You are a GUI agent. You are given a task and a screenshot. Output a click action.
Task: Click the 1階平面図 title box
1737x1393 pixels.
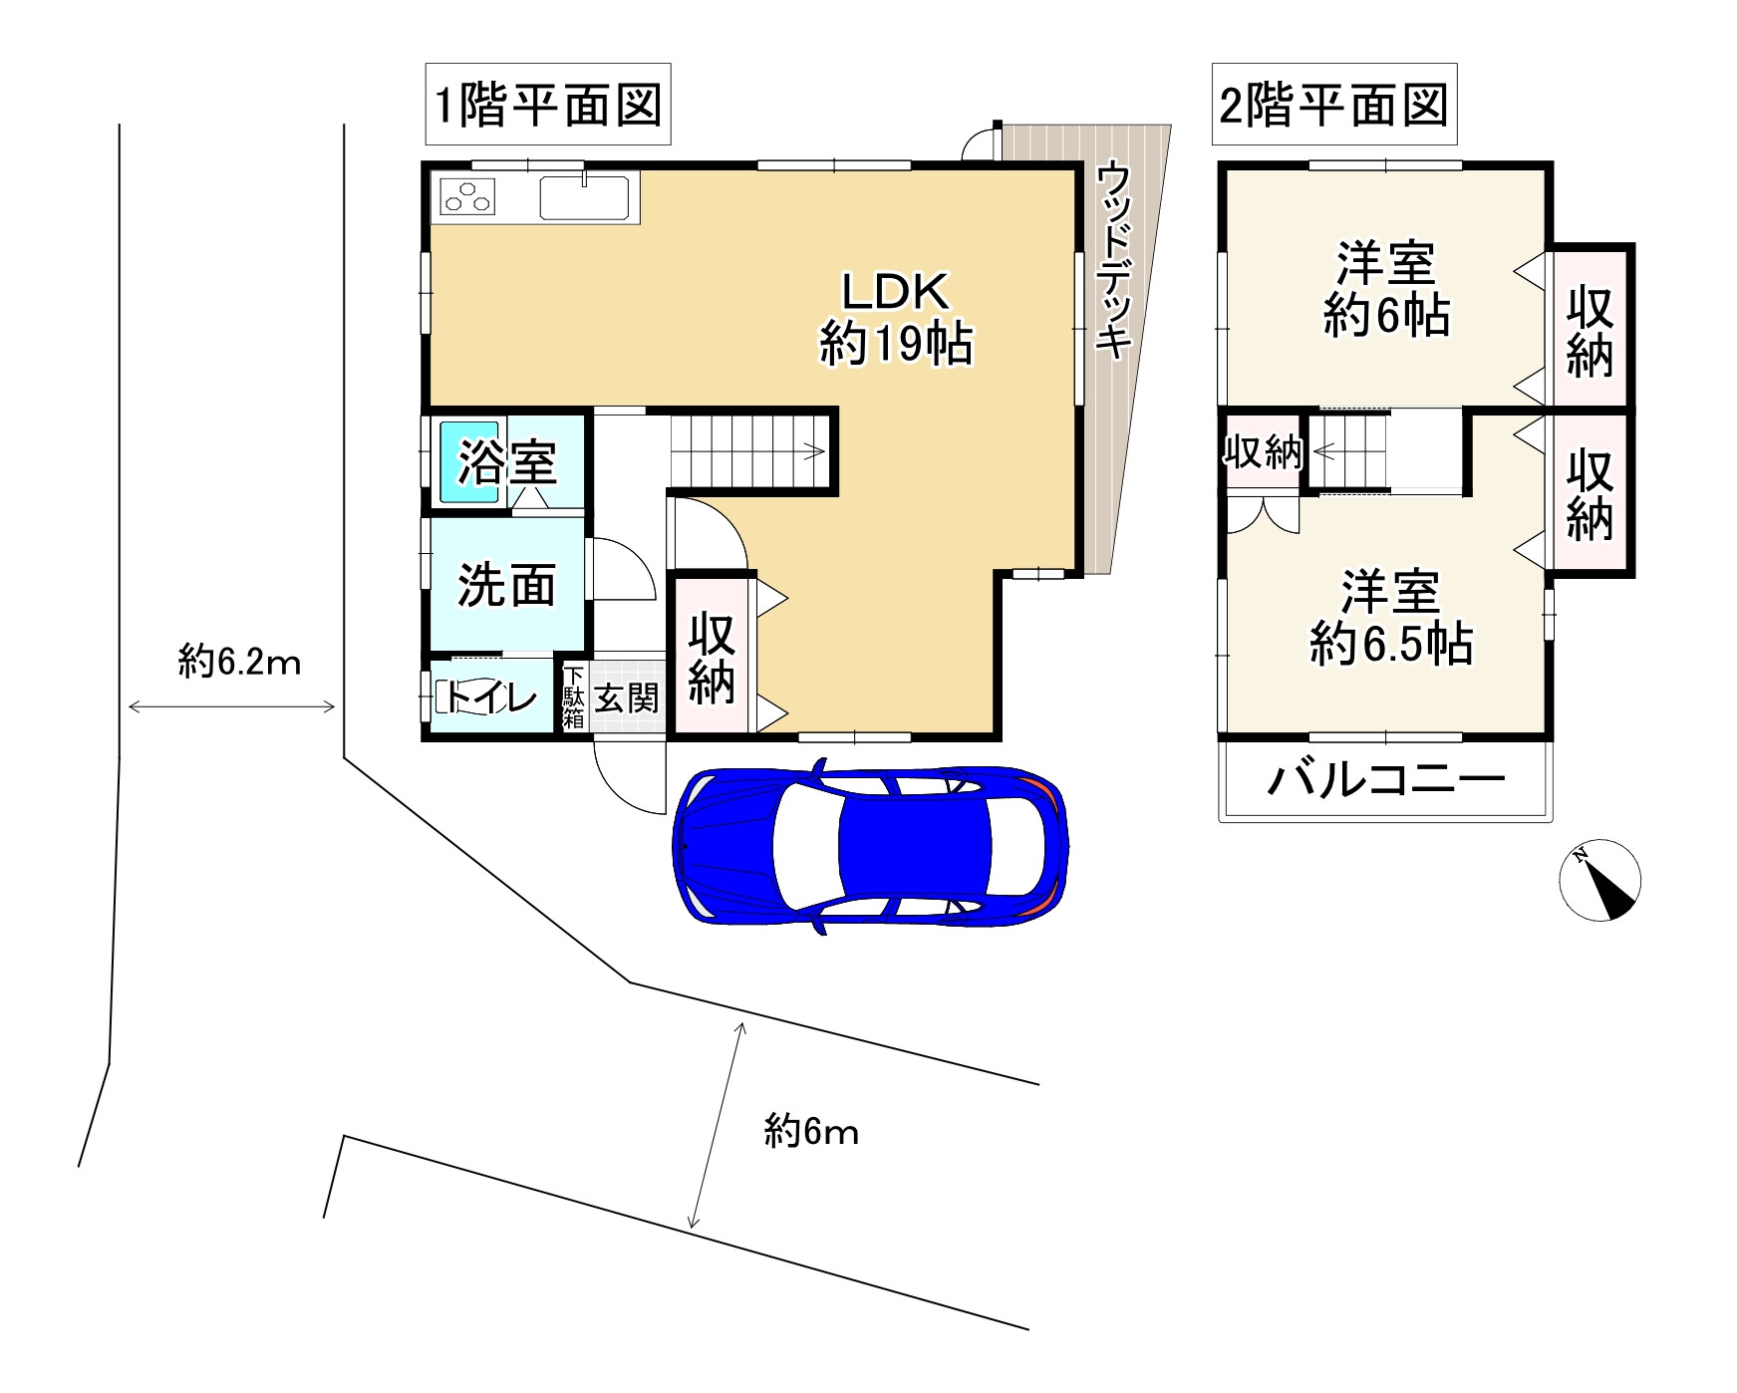click(x=548, y=105)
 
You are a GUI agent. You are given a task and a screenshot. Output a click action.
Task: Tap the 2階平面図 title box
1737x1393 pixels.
click(x=1333, y=105)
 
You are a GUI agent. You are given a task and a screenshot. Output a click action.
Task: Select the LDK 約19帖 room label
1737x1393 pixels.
click(x=896, y=318)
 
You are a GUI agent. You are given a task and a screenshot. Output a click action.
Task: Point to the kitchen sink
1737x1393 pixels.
click(x=584, y=196)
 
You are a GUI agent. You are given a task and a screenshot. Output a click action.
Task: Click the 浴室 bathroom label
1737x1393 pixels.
click(x=507, y=462)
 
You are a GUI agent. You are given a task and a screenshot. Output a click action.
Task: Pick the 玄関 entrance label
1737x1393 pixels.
click(x=627, y=697)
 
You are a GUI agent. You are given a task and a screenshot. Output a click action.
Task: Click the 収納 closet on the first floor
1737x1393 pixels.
click(x=713, y=658)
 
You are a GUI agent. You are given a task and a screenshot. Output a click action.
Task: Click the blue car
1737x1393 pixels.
click(x=871, y=846)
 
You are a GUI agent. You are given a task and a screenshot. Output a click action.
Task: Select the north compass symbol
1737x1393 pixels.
click(x=1599, y=881)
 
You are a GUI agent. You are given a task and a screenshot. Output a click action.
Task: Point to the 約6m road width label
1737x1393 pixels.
click(x=811, y=1132)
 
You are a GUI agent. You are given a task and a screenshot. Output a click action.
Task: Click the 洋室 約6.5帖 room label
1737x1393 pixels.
click(x=1390, y=618)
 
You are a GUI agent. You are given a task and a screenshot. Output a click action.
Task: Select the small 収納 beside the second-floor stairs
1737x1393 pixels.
click(x=1263, y=452)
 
